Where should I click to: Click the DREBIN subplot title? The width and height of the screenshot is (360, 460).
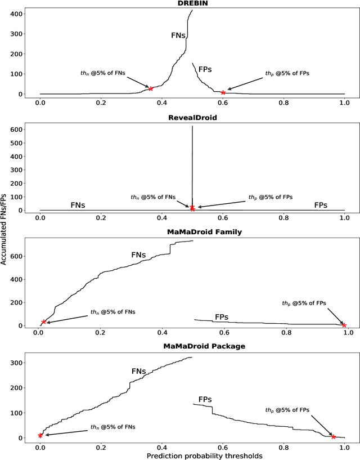click(191, 5)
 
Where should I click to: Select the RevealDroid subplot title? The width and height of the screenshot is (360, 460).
click(191, 118)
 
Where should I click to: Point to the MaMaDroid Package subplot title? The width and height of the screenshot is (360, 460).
click(191, 346)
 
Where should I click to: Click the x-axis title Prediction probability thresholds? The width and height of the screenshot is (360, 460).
click(191, 454)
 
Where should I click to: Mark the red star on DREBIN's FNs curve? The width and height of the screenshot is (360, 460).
click(151, 88)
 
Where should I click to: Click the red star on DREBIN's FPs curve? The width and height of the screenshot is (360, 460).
click(223, 92)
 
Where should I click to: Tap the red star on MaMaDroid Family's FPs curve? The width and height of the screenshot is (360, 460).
click(344, 325)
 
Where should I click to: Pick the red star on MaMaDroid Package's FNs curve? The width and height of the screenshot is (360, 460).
click(40, 435)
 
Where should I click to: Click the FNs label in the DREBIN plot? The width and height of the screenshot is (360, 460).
click(179, 35)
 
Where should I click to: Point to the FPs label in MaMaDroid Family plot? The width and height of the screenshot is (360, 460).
click(222, 317)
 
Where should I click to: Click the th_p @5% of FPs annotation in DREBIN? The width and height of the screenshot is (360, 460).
click(287, 74)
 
